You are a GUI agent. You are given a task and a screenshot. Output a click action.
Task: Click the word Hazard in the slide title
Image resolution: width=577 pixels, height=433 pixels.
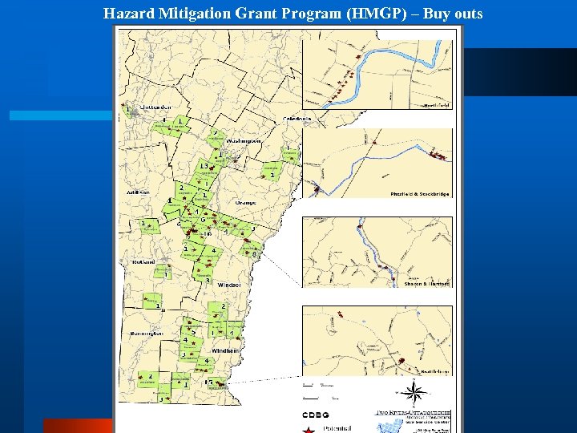pos(126,13)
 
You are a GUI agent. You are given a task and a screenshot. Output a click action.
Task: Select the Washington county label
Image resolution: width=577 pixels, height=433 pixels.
pos(244,140)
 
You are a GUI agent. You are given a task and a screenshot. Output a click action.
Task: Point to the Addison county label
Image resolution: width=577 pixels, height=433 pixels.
pos(138,193)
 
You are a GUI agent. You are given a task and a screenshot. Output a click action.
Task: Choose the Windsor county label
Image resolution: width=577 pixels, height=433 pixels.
pos(228,285)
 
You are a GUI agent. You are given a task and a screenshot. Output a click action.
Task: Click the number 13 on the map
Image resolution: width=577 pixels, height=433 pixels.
pos(204,166)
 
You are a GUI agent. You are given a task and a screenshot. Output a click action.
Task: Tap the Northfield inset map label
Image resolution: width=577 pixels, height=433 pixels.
pos(437,105)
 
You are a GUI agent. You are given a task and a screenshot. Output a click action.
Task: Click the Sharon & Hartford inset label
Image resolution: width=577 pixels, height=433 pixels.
pos(426,284)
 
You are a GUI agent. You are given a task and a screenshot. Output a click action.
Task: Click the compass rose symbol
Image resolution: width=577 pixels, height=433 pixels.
pos(414,393)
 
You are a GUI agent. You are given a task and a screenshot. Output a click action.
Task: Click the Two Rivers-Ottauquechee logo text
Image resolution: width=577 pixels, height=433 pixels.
pos(414,413)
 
